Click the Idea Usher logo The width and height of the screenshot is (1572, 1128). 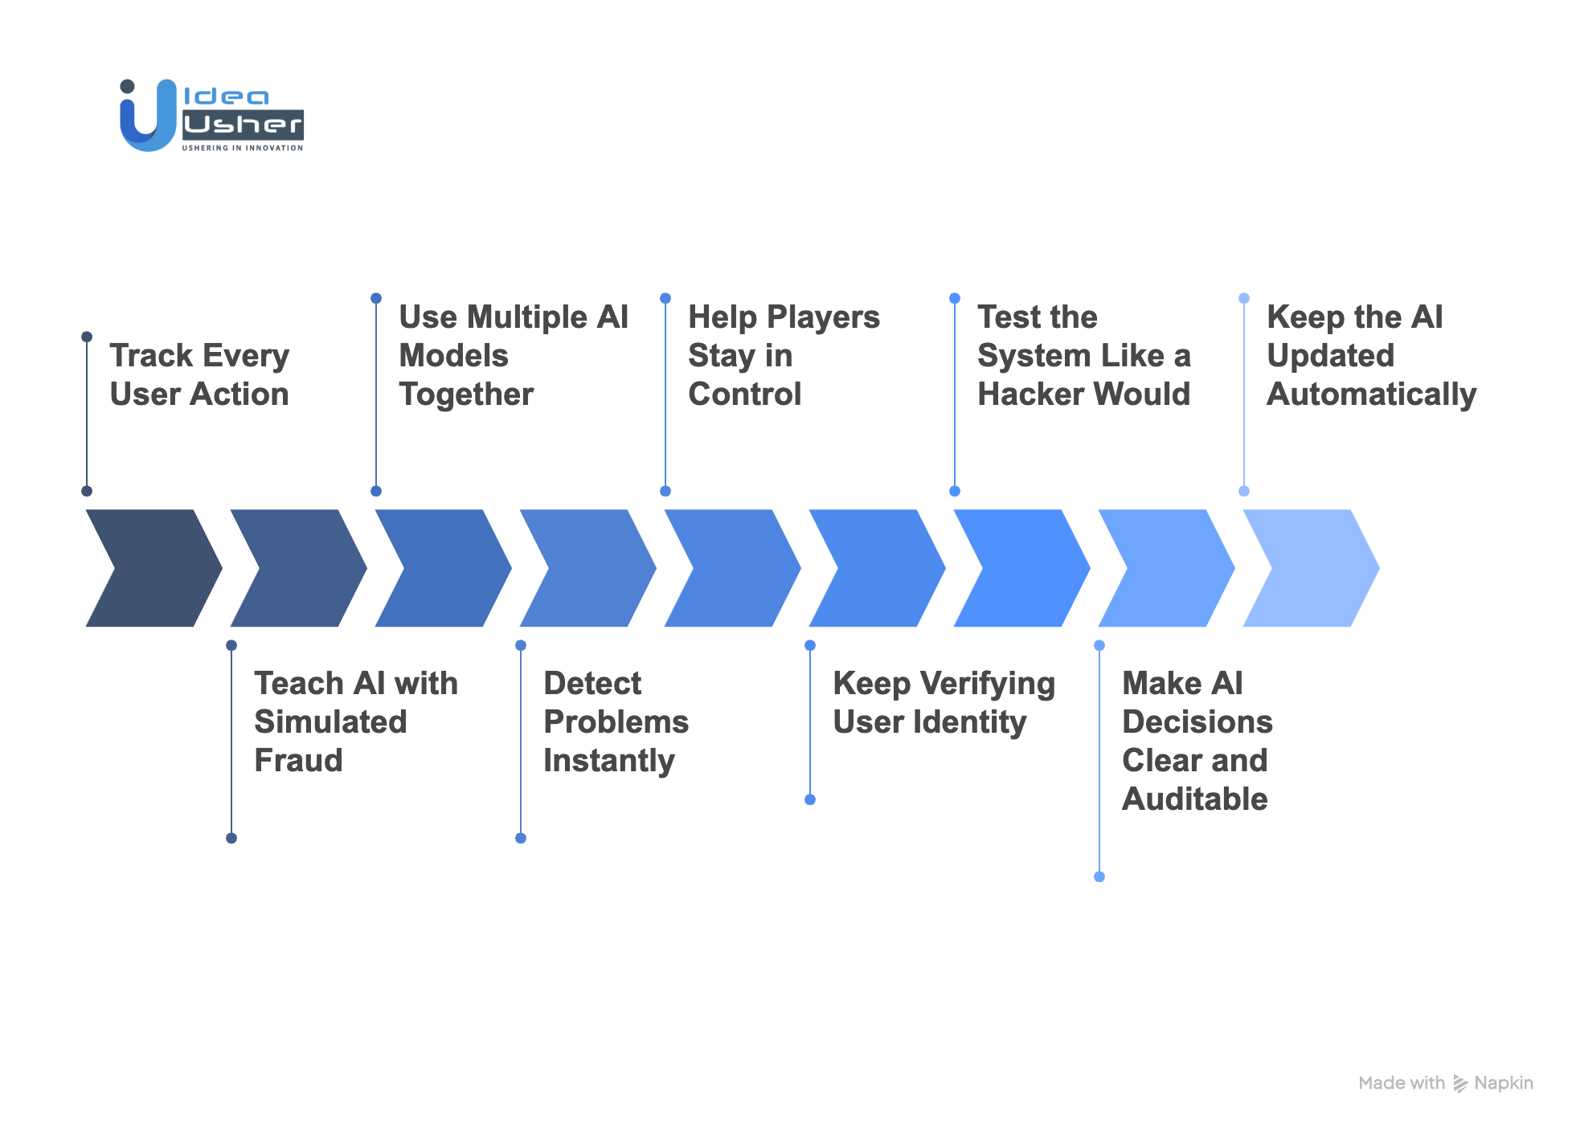click(211, 116)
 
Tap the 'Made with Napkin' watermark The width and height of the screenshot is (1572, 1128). click(1445, 1083)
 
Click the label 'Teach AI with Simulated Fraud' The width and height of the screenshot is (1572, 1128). click(355, 721)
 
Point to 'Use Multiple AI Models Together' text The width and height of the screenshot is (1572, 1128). click(513, 355)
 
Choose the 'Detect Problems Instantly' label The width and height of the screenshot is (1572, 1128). click(616, 721)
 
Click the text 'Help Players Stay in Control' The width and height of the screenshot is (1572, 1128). click(784, 355)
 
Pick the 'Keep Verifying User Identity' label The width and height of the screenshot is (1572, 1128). click(944, 702)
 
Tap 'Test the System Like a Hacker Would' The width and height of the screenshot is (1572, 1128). click(1083, 355)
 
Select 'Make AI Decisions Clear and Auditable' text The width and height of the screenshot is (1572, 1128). click(1197, 741)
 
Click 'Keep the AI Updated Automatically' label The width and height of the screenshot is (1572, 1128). click(1371, 355)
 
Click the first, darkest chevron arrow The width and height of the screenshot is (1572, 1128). click(153, 568)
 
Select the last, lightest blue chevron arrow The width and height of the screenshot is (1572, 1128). click(1311, 568)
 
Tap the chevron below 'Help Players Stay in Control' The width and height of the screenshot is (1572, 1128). click(732, 568)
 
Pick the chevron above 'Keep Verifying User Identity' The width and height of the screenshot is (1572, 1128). click(877, 568)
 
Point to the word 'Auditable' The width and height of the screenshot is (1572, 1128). click(1194, 799)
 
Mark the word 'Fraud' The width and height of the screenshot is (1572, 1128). click(298, 761)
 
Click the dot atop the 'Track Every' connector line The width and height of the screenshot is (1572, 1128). click(87, 337)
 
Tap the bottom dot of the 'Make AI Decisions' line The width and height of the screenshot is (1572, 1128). click(1099, 877)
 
